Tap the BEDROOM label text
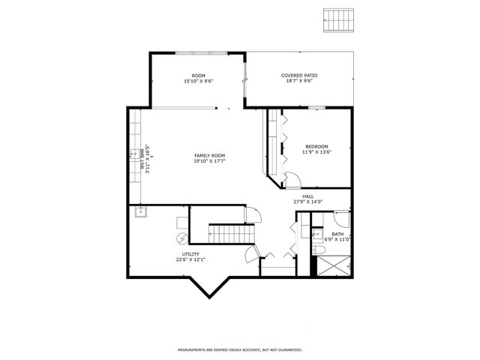pyautogui.click(x=316, y=146)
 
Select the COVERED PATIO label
pyautogui.click(x=298, y=75)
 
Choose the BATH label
pyautogui.click(x=337, y=233)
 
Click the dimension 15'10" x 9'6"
pyautogui.click(x=198, y=81)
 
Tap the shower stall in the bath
pyautogui.click(x=332, y=265)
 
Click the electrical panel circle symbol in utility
pyautogui.click(x=182, y=239)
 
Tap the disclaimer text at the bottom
pyautogui.click(x=239, y=349)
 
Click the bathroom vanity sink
pyautogui.click(x=317, y=232)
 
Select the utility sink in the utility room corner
pyautogui.click(x=139, y=213)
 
